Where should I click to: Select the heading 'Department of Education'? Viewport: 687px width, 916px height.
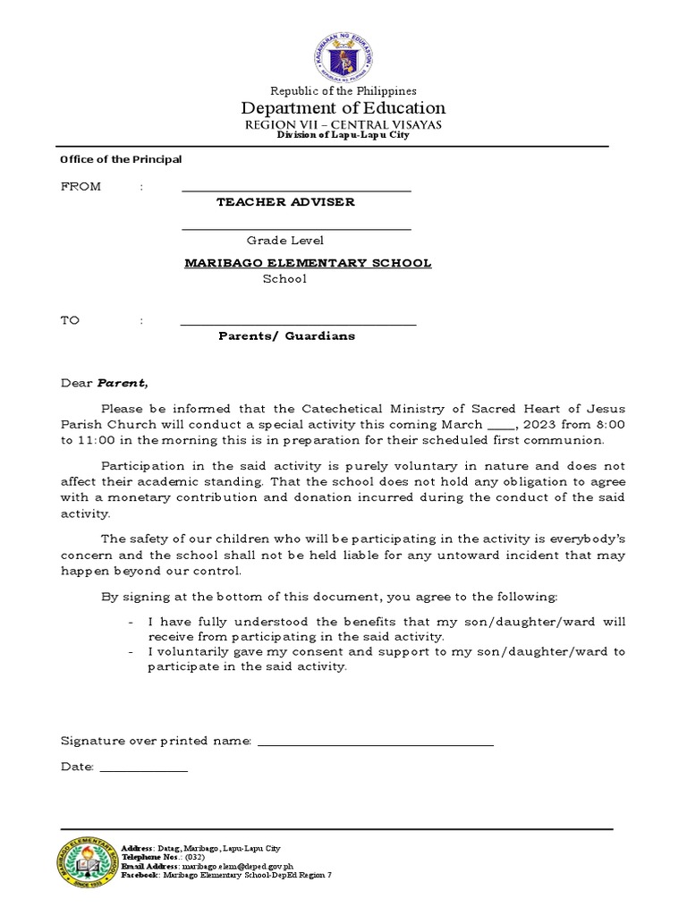(343, 108)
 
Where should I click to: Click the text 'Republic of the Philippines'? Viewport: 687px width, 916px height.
(343, 90)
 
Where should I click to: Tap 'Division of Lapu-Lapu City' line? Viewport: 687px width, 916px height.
(343, 135)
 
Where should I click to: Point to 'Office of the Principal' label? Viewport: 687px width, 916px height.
(121, 159)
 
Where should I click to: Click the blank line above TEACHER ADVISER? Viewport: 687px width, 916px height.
(296, 190)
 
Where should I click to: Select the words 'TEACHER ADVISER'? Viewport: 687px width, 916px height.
(285, 202)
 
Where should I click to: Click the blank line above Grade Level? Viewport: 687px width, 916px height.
(296, 229)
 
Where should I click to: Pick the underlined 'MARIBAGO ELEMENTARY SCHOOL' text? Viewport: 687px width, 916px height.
(308, 263)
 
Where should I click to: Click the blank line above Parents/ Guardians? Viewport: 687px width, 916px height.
(298, 324)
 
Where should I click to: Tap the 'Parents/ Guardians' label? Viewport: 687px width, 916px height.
(286, 336)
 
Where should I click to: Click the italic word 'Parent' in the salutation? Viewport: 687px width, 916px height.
(120, 383)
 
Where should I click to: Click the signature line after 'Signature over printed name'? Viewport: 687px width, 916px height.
(375, 743)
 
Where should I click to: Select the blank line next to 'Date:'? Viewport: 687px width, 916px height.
(143, 769)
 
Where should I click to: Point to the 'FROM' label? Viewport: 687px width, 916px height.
(81, 187)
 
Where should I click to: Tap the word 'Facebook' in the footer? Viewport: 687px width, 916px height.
(141, 875)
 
